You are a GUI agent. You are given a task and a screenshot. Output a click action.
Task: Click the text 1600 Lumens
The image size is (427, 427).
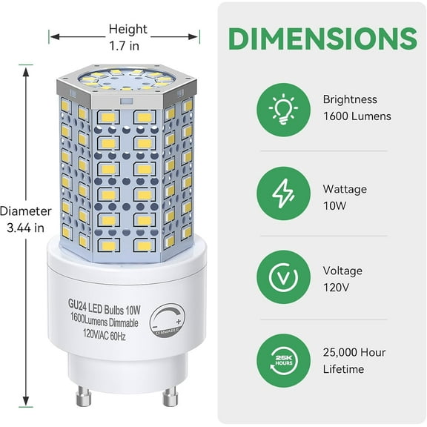(x=357, y=116)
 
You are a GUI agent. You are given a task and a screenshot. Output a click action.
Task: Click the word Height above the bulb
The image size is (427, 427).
(x=128, y=30)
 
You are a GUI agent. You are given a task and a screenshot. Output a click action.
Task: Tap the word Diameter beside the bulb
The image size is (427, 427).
(x=26, y=211)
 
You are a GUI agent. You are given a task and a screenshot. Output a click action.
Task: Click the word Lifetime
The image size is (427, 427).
(x=343, y=369)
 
